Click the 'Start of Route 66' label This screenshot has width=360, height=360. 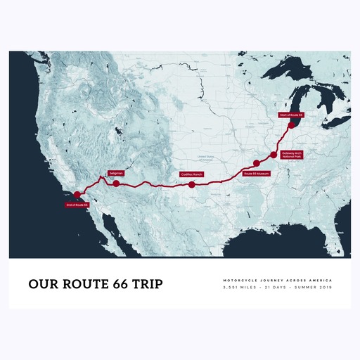coord(290,115)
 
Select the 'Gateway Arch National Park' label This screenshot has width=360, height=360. coord(290,154)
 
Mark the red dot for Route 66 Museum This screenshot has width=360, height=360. coord(257,163)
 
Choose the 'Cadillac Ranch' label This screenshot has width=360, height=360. coord(191,174)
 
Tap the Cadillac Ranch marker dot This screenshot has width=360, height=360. coord(191,185)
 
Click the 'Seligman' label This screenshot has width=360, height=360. coord(117,173)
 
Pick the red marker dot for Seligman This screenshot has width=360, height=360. coord(117,184)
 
